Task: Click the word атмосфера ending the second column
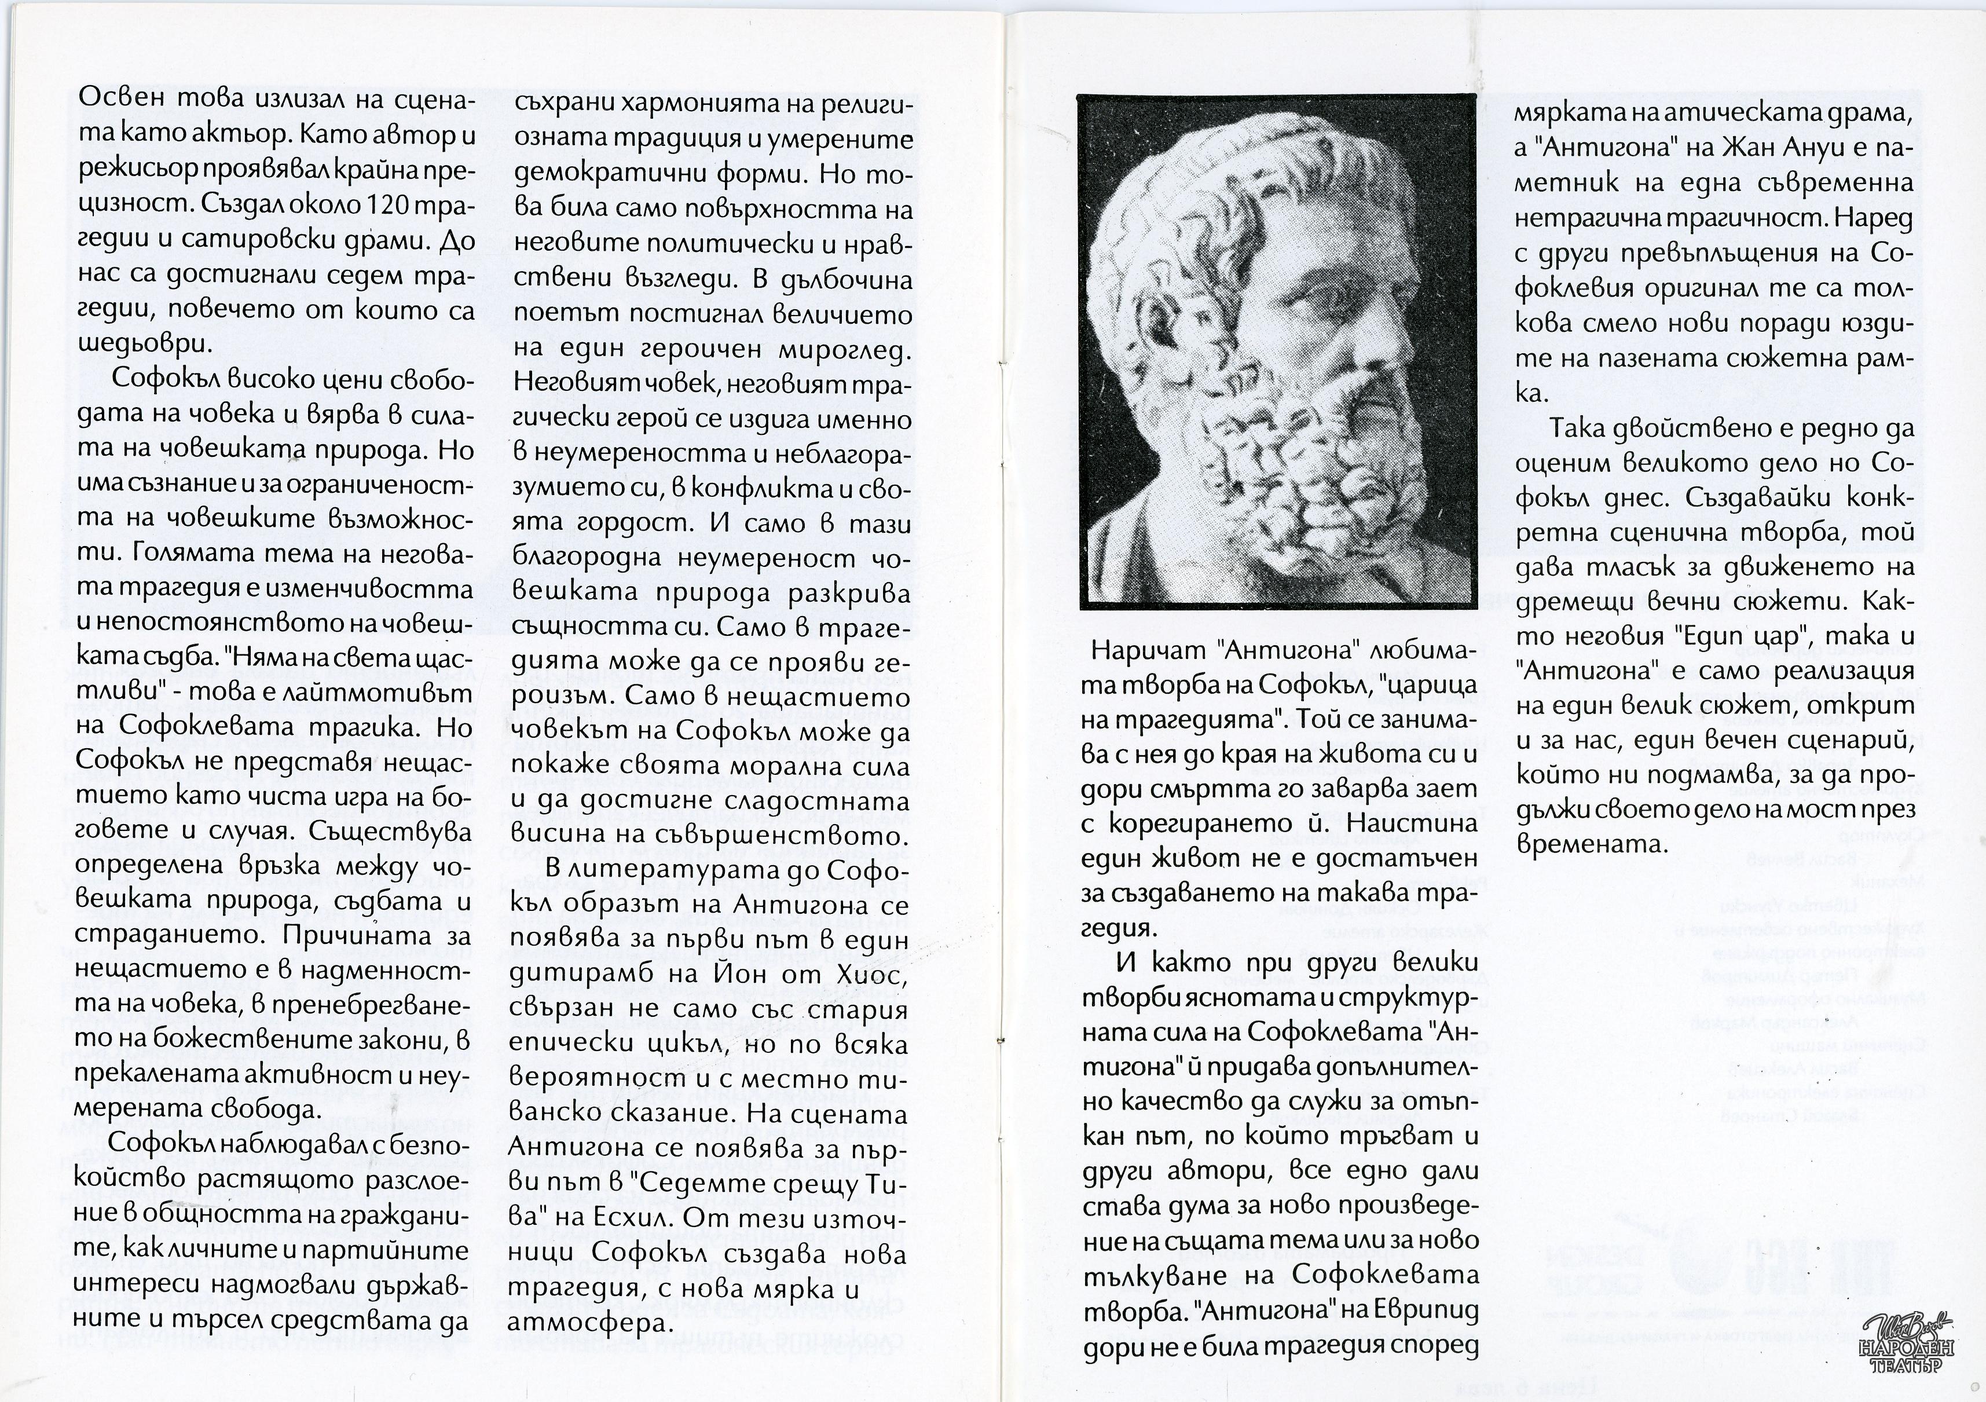(x=591, y=1323)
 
